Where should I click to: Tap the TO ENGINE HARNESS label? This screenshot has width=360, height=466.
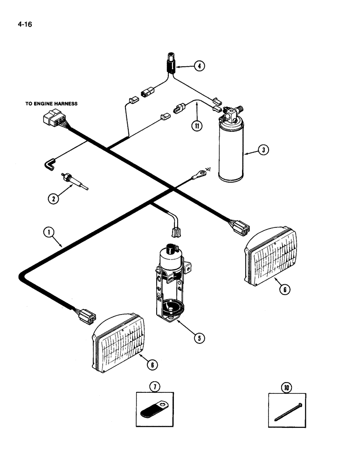pyautogui.click(x=51, y=104)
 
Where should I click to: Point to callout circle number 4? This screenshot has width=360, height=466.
pyautogui.click(x=199, y=66)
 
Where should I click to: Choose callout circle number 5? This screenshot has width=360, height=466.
pyautogui.click(x=199, y=338)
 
